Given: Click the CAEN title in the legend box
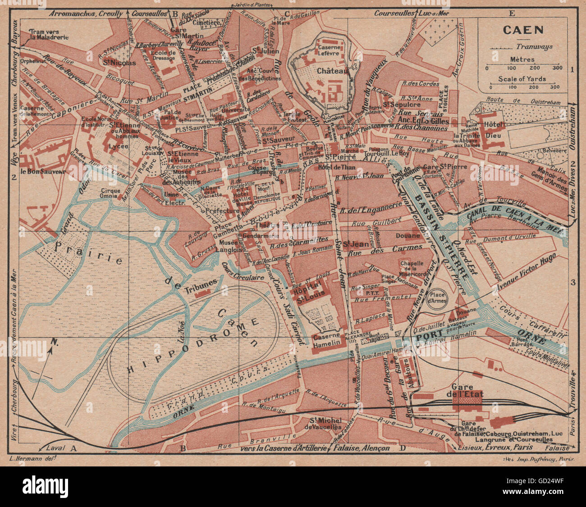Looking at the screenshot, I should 523,30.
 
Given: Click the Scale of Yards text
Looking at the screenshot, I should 522,79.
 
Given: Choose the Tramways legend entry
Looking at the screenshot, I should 534,46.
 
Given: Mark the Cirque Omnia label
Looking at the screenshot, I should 111,193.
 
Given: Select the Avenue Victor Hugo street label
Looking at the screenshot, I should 526,272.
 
